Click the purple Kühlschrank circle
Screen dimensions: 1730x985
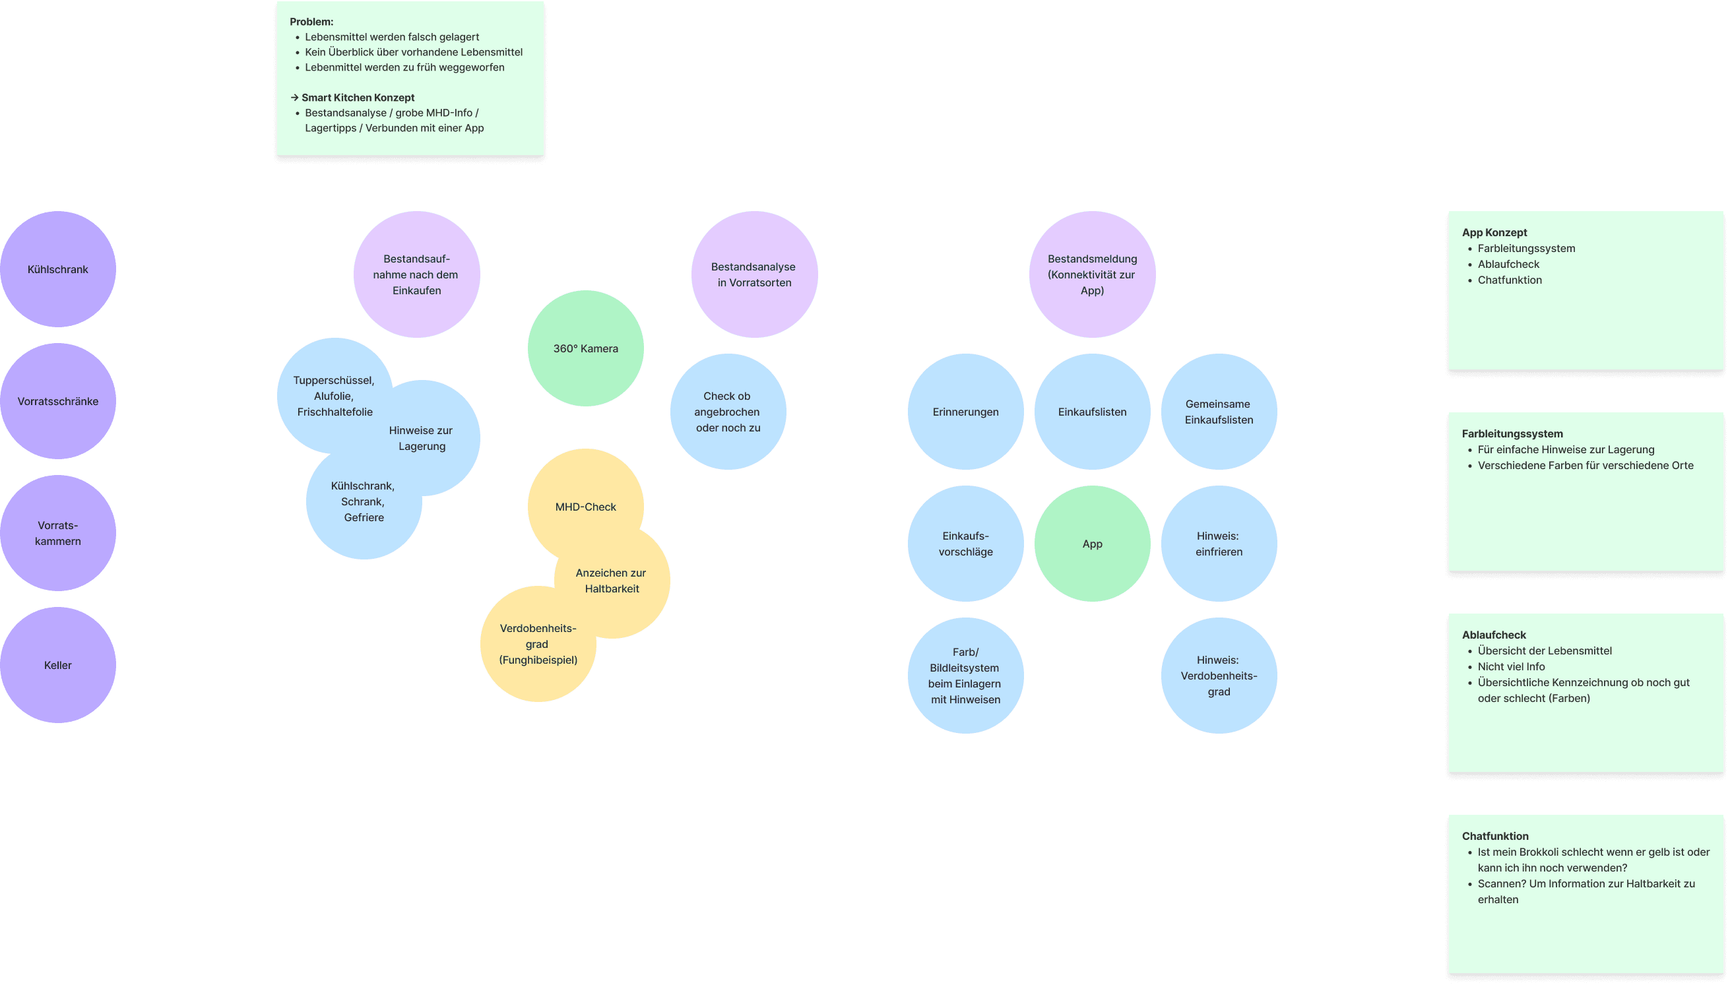pyautogui.click(x=57, y=269)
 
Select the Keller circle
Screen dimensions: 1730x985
pyautogui.click(x=57, y=665)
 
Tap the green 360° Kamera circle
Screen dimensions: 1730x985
pyautogui.click(x=585, y=348)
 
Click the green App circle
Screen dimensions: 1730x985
pyautogui.click(x=1092, y=543)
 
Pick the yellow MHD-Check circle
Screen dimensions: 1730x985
pyautogui.click(x=585, y=507)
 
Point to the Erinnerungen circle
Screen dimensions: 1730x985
pyautogui.click(x=965, y=411)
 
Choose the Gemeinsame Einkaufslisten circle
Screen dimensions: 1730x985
pyautogui.click(x=1219, y=411)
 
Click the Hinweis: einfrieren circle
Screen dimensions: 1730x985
pyautogui.click(x=1219, y=543)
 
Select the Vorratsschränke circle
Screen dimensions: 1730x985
pyautogui.click(x=57, y=401)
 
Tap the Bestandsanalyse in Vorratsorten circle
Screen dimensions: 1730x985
pyautogui.click(x=753, y=274)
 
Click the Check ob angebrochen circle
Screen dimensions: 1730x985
pyautogui.click(x=728, y=411)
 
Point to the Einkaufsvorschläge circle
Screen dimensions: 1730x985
pyautogui.click(x=965, y=543)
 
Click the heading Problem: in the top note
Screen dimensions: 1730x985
pyautogui.click(x=311, y=22)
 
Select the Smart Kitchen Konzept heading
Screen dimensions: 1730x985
pyautogui.click(x=358, y=98)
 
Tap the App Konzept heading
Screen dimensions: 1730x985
pyautogui.click(x=1494, y=232)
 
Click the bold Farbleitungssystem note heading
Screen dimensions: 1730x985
pyautogui.click(x=1512, y=433)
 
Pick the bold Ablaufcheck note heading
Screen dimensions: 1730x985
pyautogui.click(x=1493, y=635)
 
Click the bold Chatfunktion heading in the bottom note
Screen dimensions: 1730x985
pyautogui.click(x=1494, y=836)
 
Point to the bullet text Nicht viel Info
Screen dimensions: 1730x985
pyautogui.click(x=1511, y=666)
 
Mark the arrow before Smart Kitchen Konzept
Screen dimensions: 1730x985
pyautogui.click(x=294, y=98)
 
